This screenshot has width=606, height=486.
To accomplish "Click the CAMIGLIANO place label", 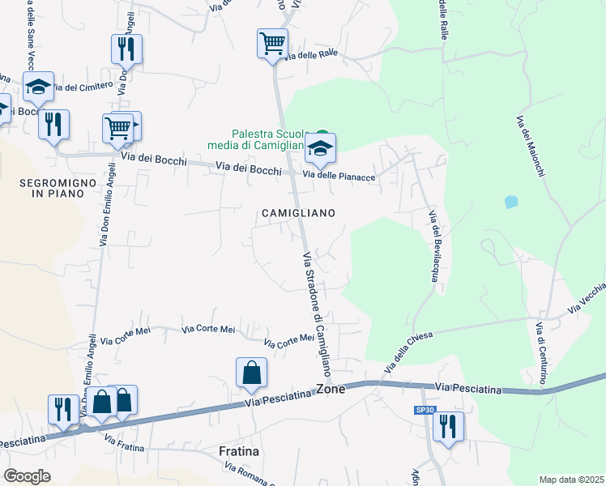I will coord(298,212).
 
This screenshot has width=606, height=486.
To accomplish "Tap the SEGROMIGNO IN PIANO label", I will coord(52,189).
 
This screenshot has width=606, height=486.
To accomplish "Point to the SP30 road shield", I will coord(425,411).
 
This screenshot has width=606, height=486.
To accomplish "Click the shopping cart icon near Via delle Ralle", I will coord(272,43).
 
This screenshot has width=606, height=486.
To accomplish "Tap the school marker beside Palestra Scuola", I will coord(321,148).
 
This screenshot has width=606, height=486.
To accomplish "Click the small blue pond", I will coord(510,201).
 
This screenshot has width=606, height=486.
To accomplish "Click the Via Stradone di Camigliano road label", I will coord(318,314).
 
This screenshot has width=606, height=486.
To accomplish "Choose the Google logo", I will coord(28,476).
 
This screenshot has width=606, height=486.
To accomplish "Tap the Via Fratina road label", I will coord(125,442).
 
